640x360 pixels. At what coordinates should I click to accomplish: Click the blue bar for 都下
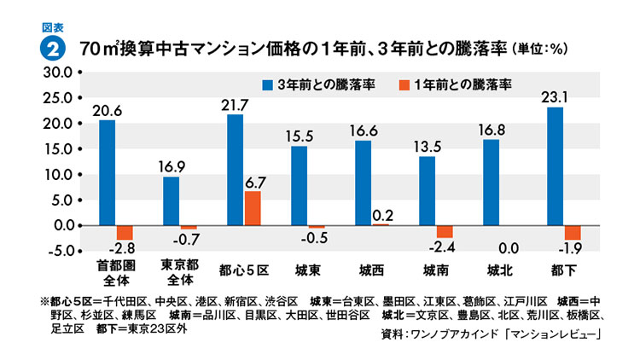point(555,166)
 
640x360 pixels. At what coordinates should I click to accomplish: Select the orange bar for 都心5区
point(253,208)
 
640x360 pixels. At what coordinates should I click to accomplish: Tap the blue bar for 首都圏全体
point(107,173)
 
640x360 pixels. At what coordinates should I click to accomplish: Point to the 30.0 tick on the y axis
point(59,73)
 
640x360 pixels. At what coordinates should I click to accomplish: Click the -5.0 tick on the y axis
point(59,251)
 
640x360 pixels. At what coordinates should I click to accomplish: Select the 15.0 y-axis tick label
point(59,149)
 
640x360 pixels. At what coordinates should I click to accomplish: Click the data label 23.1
point(556,96)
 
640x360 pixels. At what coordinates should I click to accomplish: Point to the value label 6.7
point(253,181)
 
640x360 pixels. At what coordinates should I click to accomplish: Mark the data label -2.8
point(125,247)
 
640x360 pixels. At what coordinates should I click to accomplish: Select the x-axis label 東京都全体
point(180,272)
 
